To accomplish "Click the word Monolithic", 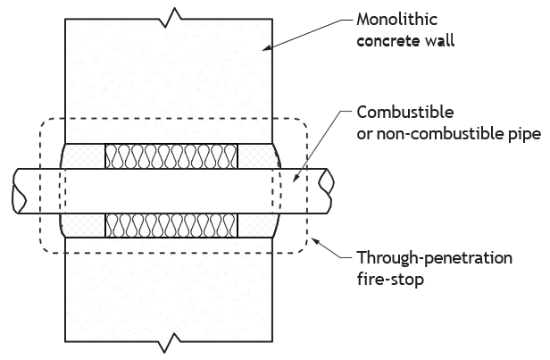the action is [x=396, y=20].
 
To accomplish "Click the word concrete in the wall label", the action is [x=388, y=41].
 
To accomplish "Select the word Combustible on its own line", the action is [x=405, y=113].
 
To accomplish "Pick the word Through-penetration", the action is [x=435, y=258].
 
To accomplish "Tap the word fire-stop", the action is [x=390, y=280].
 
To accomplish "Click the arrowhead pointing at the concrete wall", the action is [x=267, y=47].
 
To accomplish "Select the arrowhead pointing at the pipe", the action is [x=295, y=178].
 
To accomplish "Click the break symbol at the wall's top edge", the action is [x=173, y=17].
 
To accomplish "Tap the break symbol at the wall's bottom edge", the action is [x=173, y=342].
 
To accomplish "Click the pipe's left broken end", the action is [x=20, y=191].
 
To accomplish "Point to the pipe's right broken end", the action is [x=326, y=190].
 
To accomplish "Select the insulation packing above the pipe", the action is [x=171, y=156].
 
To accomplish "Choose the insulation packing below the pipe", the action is [x=171, y=225].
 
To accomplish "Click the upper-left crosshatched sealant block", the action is [x=83, y=156].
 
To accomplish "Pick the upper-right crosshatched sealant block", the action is [x=258, y=156].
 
